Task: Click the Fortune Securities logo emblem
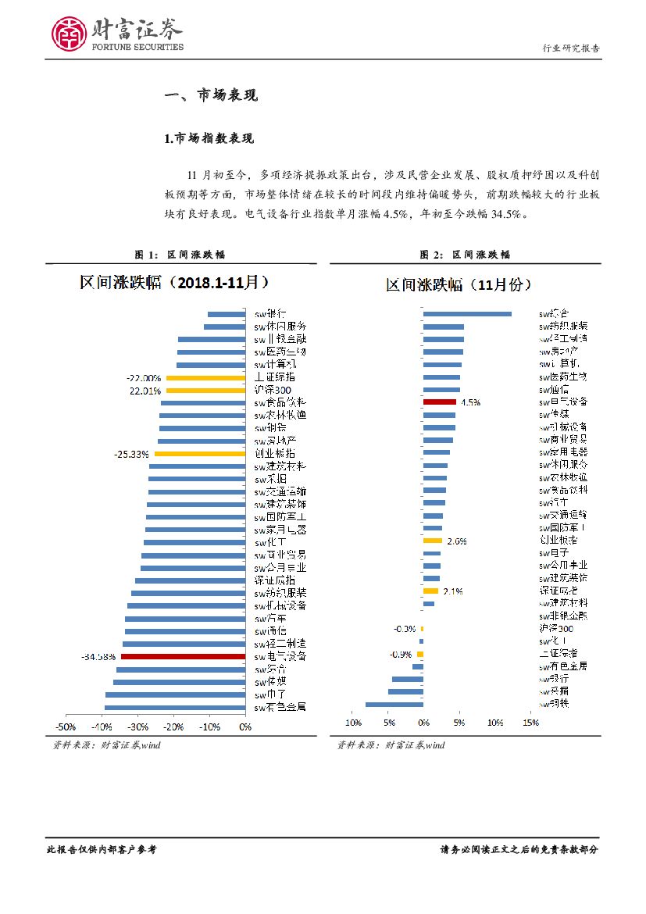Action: (x=69, y=34)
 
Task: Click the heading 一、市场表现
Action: (x=211, y=95)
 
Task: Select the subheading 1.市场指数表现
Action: (x=209, y=139)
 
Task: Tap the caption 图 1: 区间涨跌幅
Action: (x=180, y=255)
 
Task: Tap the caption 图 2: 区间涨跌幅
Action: (x=465, y=255)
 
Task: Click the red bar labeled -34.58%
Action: (x=183, y=657)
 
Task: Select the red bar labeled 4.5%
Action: (x=439, y=402)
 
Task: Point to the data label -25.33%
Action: (x=131, y=453)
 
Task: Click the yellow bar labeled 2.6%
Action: (x=433, y=540)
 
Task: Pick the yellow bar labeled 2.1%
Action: (x=430, y=591)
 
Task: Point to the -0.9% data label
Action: (x=401, y=654)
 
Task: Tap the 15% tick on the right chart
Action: (x=530, y=723)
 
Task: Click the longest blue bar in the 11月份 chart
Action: (x=467, y=314)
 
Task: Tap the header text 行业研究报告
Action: (x=571, y=48)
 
